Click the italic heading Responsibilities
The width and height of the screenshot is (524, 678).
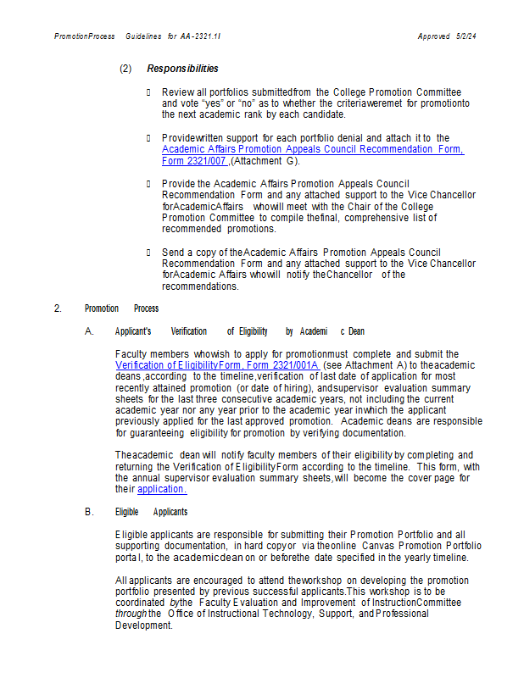coord(182,69)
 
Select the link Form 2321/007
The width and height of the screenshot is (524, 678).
coord(193,161)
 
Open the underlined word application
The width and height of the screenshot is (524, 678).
coord(161,489)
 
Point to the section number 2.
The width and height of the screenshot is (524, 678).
coord(58,308)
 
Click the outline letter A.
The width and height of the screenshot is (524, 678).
coord(89,331)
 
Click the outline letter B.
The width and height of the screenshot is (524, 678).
coord(89,512)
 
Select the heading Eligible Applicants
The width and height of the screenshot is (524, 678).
coord(151,512)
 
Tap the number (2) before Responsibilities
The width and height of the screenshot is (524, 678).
coord(125,69)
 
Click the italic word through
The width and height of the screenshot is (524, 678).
coord(131,614)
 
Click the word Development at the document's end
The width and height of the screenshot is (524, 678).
coord(143,625)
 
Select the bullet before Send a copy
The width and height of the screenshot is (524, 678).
coord(148,253)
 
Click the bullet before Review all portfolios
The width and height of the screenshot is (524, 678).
coord(148,92)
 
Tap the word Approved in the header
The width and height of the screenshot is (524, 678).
coord(433,36)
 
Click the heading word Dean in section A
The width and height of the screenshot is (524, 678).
coord(356,331)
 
